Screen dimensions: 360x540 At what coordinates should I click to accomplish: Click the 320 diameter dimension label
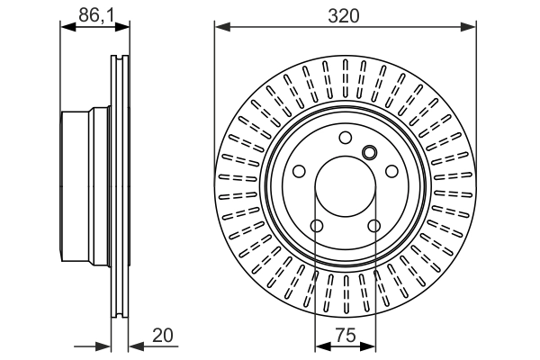[345, 15]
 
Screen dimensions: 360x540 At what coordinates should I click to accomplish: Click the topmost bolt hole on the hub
[345, 138]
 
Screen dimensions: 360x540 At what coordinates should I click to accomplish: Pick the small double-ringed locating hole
[368, 151]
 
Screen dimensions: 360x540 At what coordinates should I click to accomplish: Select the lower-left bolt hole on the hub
[316, 227]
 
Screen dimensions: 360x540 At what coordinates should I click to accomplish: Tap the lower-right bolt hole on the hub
[373, 227]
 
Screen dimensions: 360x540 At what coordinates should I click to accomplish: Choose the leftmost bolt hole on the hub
[298, 171]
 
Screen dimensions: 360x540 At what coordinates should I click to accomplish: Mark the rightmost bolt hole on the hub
[391, 171]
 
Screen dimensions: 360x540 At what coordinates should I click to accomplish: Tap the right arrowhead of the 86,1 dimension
[122, 27]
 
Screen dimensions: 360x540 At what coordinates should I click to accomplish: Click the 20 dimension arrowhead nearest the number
[133, 346]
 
